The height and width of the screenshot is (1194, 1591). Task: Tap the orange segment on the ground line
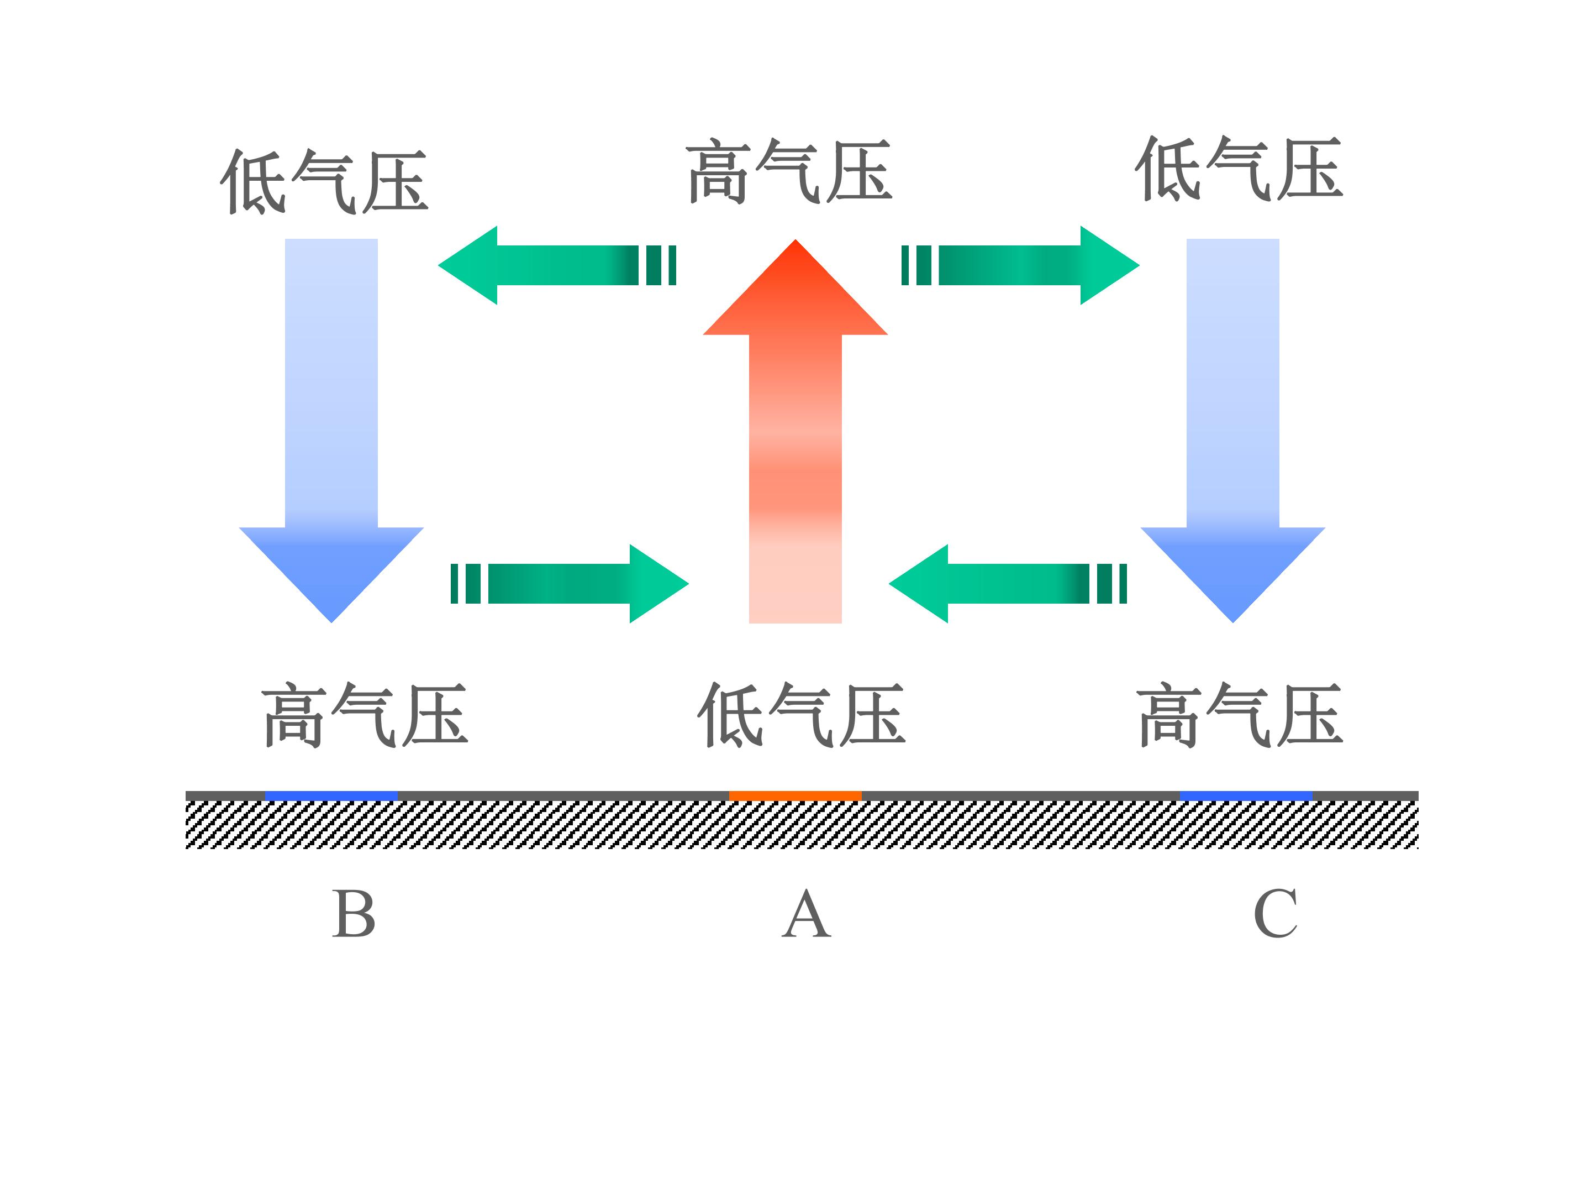click(x=795, y=795)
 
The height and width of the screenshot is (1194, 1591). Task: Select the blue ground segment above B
click(x=331, y=795)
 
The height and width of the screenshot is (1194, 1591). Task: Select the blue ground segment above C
click(x=1246, y=795)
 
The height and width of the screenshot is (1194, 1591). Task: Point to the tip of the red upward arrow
click(x=795, y=240)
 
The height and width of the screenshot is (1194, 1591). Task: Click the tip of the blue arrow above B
click(x=331, y=622)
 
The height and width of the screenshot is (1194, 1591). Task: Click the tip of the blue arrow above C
click(x=1233, y=622)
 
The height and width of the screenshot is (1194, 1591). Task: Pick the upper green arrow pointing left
click(x=557, y=265)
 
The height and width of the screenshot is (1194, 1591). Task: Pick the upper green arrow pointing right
click(x=1021, y=265)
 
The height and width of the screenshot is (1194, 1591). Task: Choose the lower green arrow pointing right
click(x=570, y=584)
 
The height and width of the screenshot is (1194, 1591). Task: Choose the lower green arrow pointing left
click(x=1008, y=584)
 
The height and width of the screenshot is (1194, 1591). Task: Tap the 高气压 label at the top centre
click(x=789, y=171)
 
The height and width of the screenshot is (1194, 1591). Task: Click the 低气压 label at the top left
click(x=324, y=181)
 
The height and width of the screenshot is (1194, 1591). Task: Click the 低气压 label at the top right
click(x=1239, y=169)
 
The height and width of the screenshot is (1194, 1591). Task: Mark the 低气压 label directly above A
click(x=800, y=715)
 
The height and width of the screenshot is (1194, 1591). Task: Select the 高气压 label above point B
click(x=365, y=715)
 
